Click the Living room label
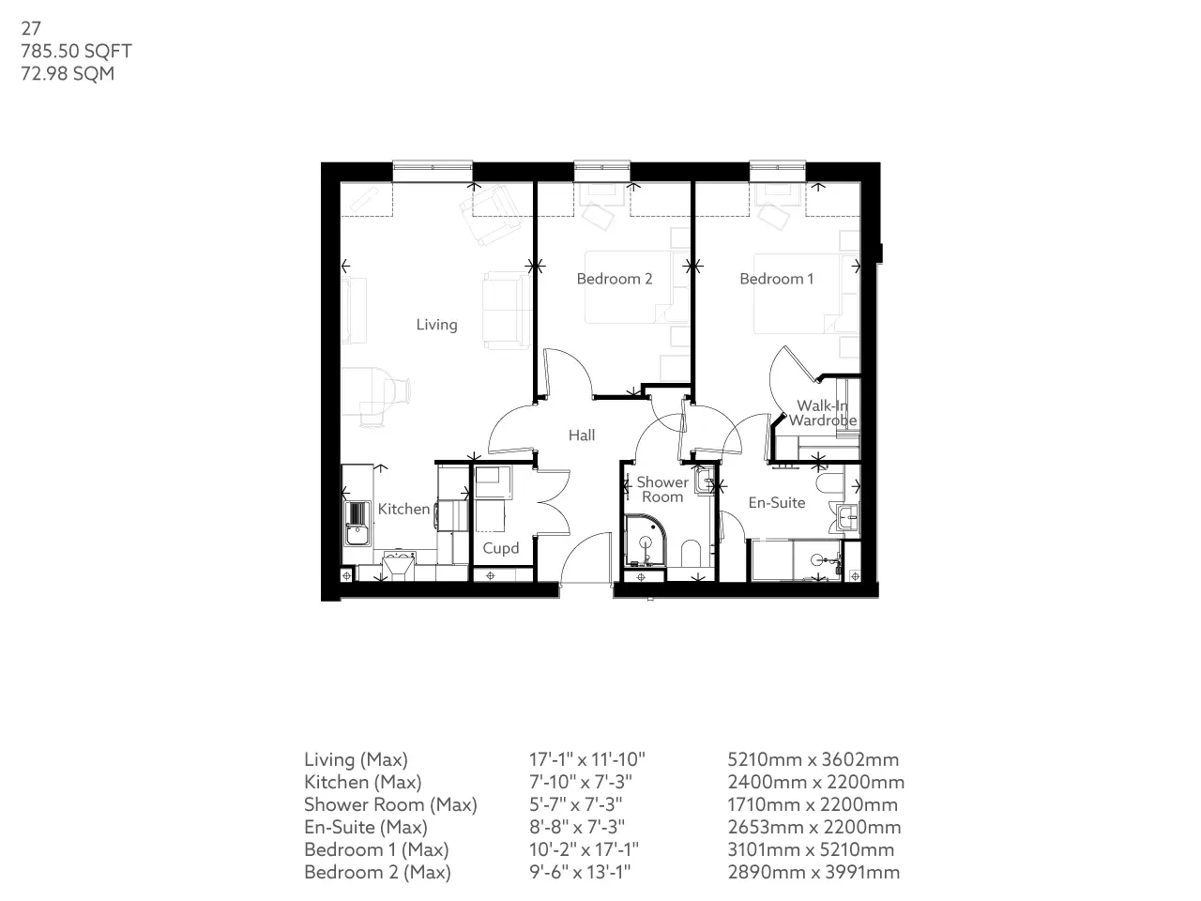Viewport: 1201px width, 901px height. (x=436, y=325)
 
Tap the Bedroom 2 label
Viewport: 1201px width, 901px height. (x=614, y=279)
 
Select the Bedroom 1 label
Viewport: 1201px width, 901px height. (x=776, y=279)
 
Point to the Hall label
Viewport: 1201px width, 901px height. (x=581, y=435)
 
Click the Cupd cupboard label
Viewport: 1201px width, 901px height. (x=500, y=548)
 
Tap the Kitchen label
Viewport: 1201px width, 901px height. (x=403, y=509)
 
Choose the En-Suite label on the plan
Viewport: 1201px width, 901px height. (x=776, y=503)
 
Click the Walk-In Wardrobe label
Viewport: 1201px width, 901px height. (x=822, y=413)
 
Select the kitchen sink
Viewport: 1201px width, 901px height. (x=357, y=524)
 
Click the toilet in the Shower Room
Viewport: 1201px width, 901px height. (x=691, y=554)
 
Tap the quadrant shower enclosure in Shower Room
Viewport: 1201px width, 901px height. (x=646, y=541)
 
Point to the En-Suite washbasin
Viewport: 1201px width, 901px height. (x=847, y=517)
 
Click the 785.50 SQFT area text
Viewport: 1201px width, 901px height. (x=76, y=51)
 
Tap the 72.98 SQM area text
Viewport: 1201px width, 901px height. (x=68, y=73)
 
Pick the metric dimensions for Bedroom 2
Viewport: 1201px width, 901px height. (x=813, y=872)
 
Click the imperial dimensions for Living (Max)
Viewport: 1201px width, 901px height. (x=586, y=759)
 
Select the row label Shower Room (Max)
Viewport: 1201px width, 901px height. (x=390, y=804)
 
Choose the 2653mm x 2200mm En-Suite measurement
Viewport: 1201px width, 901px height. (x=813, y=827)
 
